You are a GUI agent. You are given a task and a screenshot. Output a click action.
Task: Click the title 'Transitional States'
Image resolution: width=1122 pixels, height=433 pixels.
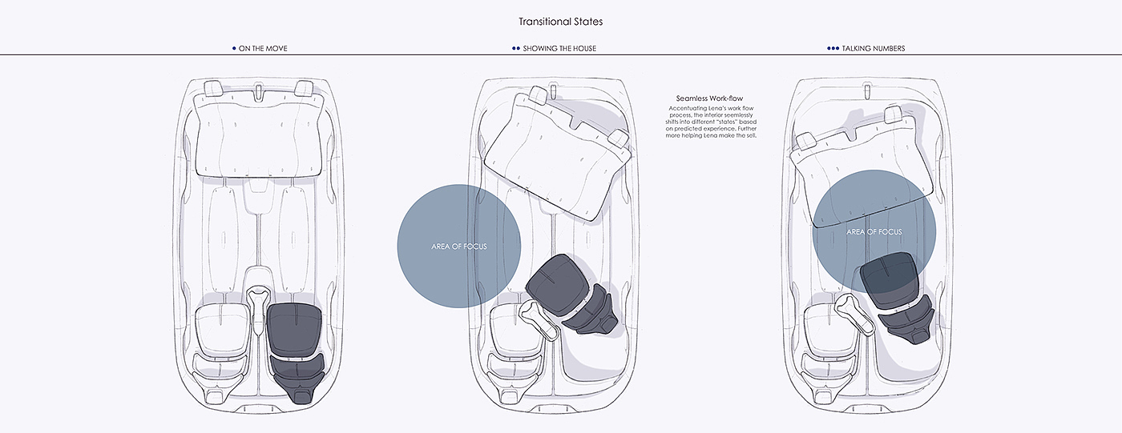coord(560,22)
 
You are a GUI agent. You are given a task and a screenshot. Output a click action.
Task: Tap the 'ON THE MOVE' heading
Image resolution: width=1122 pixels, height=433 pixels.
coord(263,49)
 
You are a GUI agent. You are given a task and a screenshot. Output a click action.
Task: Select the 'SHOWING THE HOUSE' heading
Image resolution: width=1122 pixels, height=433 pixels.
coord(559,49)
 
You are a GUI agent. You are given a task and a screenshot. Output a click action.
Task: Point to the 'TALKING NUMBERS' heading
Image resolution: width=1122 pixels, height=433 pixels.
coord(873,49)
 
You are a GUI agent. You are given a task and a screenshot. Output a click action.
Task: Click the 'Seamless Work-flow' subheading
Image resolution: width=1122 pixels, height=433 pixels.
coord(709,98)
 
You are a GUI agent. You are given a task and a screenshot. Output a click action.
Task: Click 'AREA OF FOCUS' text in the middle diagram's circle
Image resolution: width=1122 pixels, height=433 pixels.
coord(458,247)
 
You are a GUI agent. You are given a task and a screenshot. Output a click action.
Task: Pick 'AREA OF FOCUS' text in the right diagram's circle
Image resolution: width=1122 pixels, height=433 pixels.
coord(874,232)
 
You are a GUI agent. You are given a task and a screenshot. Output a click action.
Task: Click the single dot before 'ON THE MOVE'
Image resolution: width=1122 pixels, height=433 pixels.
coord(233,49)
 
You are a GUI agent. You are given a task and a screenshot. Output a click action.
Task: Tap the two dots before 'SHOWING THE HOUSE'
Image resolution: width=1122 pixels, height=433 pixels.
coord(515,49)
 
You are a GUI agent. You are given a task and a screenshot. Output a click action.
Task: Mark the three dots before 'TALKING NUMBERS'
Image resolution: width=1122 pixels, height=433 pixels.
coord(833,49)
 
